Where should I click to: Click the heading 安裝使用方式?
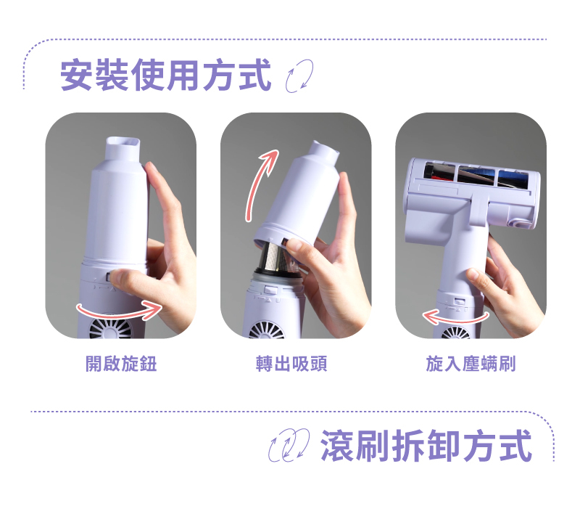[x=166, y=75]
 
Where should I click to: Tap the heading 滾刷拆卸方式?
[x=426, y=446]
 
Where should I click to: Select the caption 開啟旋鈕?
[x=121, y=364]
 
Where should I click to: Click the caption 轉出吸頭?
[x=291, y=364]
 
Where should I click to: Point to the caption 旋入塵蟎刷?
[x=471, y=364]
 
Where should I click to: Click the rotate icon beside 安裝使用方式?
[x=299, y=76]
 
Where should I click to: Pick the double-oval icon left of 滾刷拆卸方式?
[x=289, y=445]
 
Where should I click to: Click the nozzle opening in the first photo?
[x=123, y=142]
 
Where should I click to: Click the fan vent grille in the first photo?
[x=110, y=328]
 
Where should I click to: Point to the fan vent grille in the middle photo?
[x=267, y=330]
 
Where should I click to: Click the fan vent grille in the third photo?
[x=456, y=332]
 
